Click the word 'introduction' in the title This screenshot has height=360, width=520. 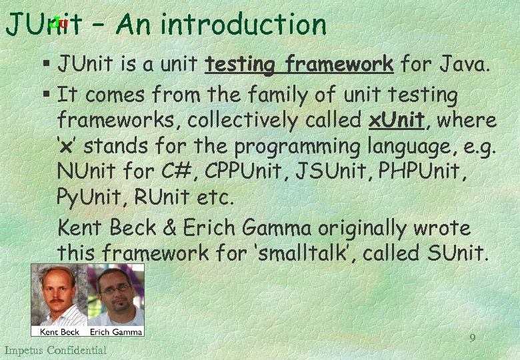pyautogui.click(x=243, y=25)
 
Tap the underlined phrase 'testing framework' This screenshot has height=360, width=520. pyautogui.click(x=299, y=64)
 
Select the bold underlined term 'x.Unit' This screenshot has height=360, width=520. pyautogui.click(x=396, y=121)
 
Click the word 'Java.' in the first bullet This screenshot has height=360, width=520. pyautogui.click(x=465, y=64)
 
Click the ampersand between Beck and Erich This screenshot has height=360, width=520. pyautogui.click(x=170, y=228)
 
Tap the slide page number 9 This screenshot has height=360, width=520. pyautogui.click(x=473, y=338)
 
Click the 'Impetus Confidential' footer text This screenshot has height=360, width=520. pyautogui.click(x=55, y=350)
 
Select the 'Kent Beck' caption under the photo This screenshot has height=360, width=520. pyautogui.click(x=59, y=331)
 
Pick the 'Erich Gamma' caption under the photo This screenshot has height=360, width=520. pyautogui.click(x=115, y=331)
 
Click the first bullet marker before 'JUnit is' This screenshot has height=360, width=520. pyautogui.click(x=45, y=65)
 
